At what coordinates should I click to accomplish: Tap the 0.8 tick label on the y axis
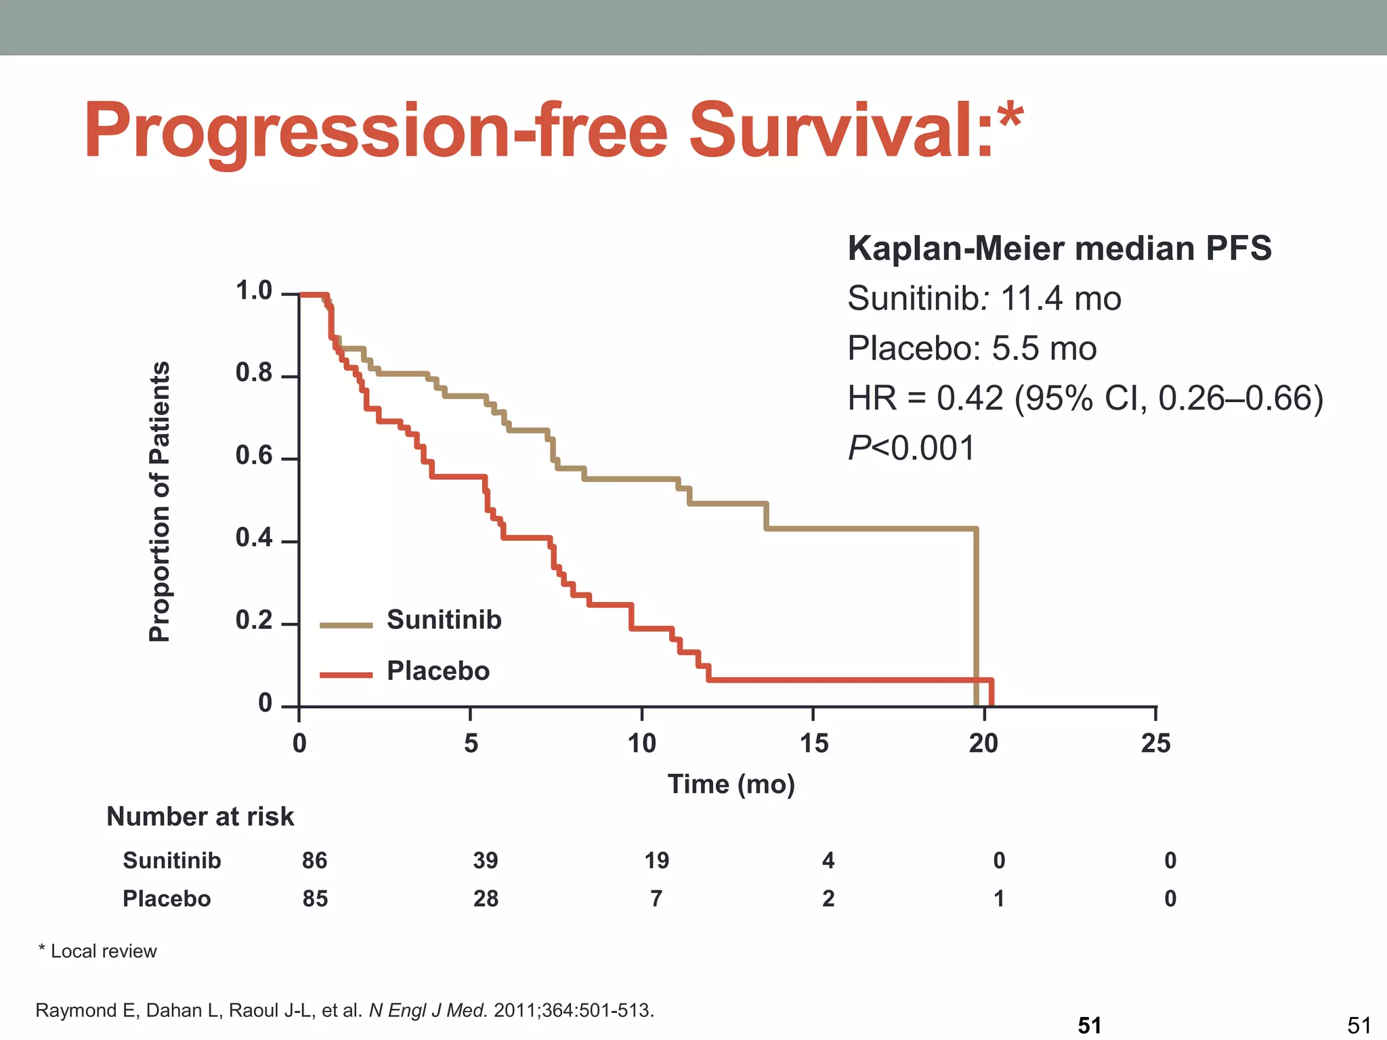click(x=253, y=373)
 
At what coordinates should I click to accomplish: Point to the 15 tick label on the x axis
click(x=813, y=743)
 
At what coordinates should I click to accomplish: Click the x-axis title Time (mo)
click(x=731, y=784)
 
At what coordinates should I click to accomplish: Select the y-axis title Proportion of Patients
click(x=160, y=501)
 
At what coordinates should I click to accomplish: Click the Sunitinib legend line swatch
click(x=345, y=625)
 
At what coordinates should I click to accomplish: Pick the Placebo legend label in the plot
click(x=438, y=671)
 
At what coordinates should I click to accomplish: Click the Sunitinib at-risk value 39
click(x=486, y=861)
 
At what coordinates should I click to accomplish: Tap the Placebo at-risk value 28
click(x=486, y=898)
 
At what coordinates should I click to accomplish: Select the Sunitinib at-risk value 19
click(x=656, y=861)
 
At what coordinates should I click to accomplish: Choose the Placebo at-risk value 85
click(x=315, y=898)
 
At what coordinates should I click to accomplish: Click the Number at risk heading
click(x=200, y=817)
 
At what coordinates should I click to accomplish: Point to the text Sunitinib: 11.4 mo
click(x=983, y=299)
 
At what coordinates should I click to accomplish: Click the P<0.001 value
click(x=910, y=448)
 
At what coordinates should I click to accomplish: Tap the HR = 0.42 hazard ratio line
click(x=1085, y=398)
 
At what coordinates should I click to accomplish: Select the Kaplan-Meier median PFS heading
click(x=1059, y=248)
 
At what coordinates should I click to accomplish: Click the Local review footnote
click(x=98, y=951)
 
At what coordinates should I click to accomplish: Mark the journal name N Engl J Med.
click(x=428, y=1010)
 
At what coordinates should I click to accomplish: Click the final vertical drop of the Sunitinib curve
click(x=976, y=616)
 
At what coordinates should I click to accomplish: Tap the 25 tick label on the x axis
click(x=1155, y=743)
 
